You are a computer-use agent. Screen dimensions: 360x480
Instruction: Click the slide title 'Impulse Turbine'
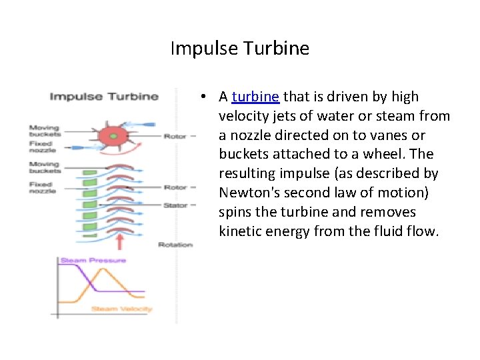click(x=239, y=49)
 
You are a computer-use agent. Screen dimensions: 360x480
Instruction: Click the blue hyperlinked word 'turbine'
click(x=255, y=97)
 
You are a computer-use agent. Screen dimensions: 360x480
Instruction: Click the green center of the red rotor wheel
click(x=113, y=136)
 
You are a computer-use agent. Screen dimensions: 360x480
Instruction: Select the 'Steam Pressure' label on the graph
click(x=93, y=260)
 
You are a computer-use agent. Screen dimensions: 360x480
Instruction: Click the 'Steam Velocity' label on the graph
click(x=121, y=309)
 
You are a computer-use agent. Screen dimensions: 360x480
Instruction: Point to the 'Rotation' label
click(x=175, y=245)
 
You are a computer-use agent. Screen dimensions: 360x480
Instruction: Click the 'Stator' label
click(x=175, y=205)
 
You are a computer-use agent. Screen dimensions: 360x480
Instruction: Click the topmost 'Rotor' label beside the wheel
click(x=175, y=136)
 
